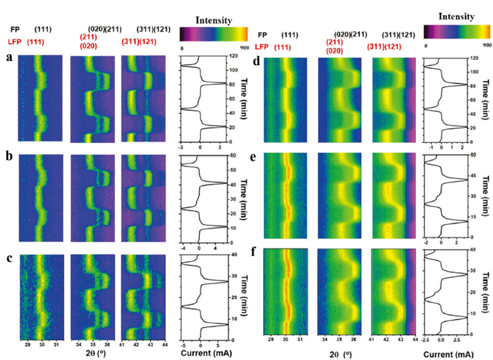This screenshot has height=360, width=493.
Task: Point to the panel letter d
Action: click(257, 60)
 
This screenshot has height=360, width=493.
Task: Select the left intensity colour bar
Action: click(213, 33)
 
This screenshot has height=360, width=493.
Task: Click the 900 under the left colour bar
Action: click(242, 46)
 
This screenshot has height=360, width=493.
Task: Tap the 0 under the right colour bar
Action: click(427, 44)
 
